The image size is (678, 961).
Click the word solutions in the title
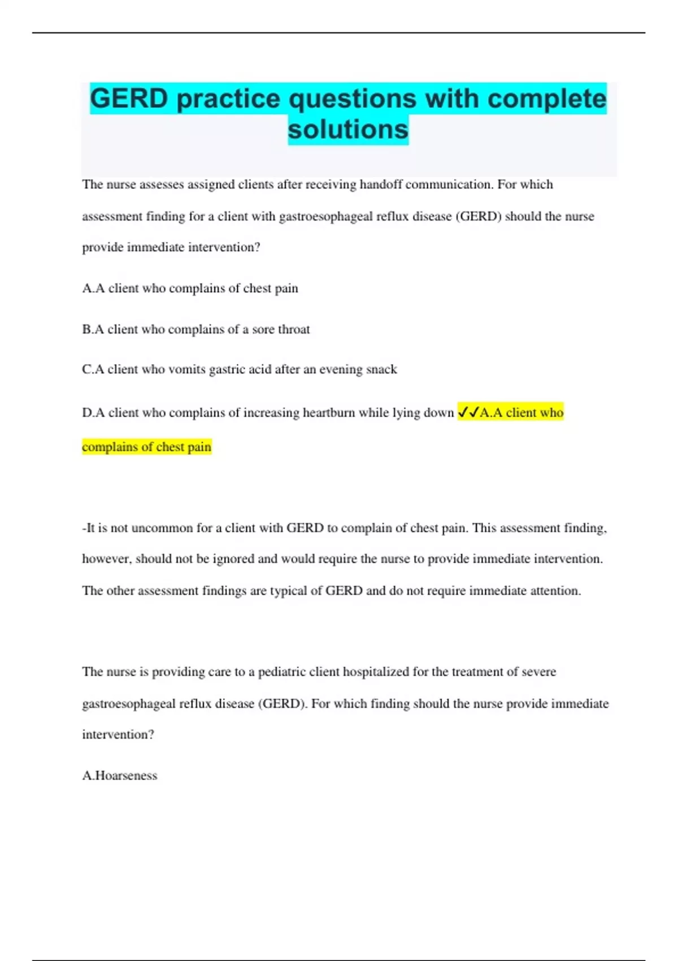[348, 129]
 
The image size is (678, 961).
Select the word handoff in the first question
[381, 185]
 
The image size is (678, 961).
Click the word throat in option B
[294, 330]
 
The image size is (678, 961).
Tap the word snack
[381, 370]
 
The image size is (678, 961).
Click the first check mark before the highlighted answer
[463, 412]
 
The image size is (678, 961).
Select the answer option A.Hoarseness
[120, 776]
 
